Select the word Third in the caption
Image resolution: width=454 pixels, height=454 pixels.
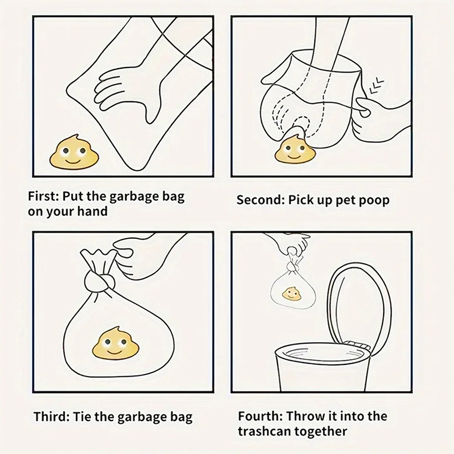click(51, 417)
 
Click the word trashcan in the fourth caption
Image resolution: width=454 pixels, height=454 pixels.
click(264, 431)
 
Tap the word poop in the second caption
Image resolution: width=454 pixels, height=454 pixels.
click(374, 201)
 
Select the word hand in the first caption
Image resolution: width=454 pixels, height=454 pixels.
click(93, 211)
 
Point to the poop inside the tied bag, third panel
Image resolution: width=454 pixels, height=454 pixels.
click(115, 343)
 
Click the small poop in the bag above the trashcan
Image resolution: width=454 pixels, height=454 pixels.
click(292, 293)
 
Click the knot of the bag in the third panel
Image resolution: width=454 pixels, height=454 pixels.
click(97, 281)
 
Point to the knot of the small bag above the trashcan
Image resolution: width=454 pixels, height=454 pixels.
click(293, 266)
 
